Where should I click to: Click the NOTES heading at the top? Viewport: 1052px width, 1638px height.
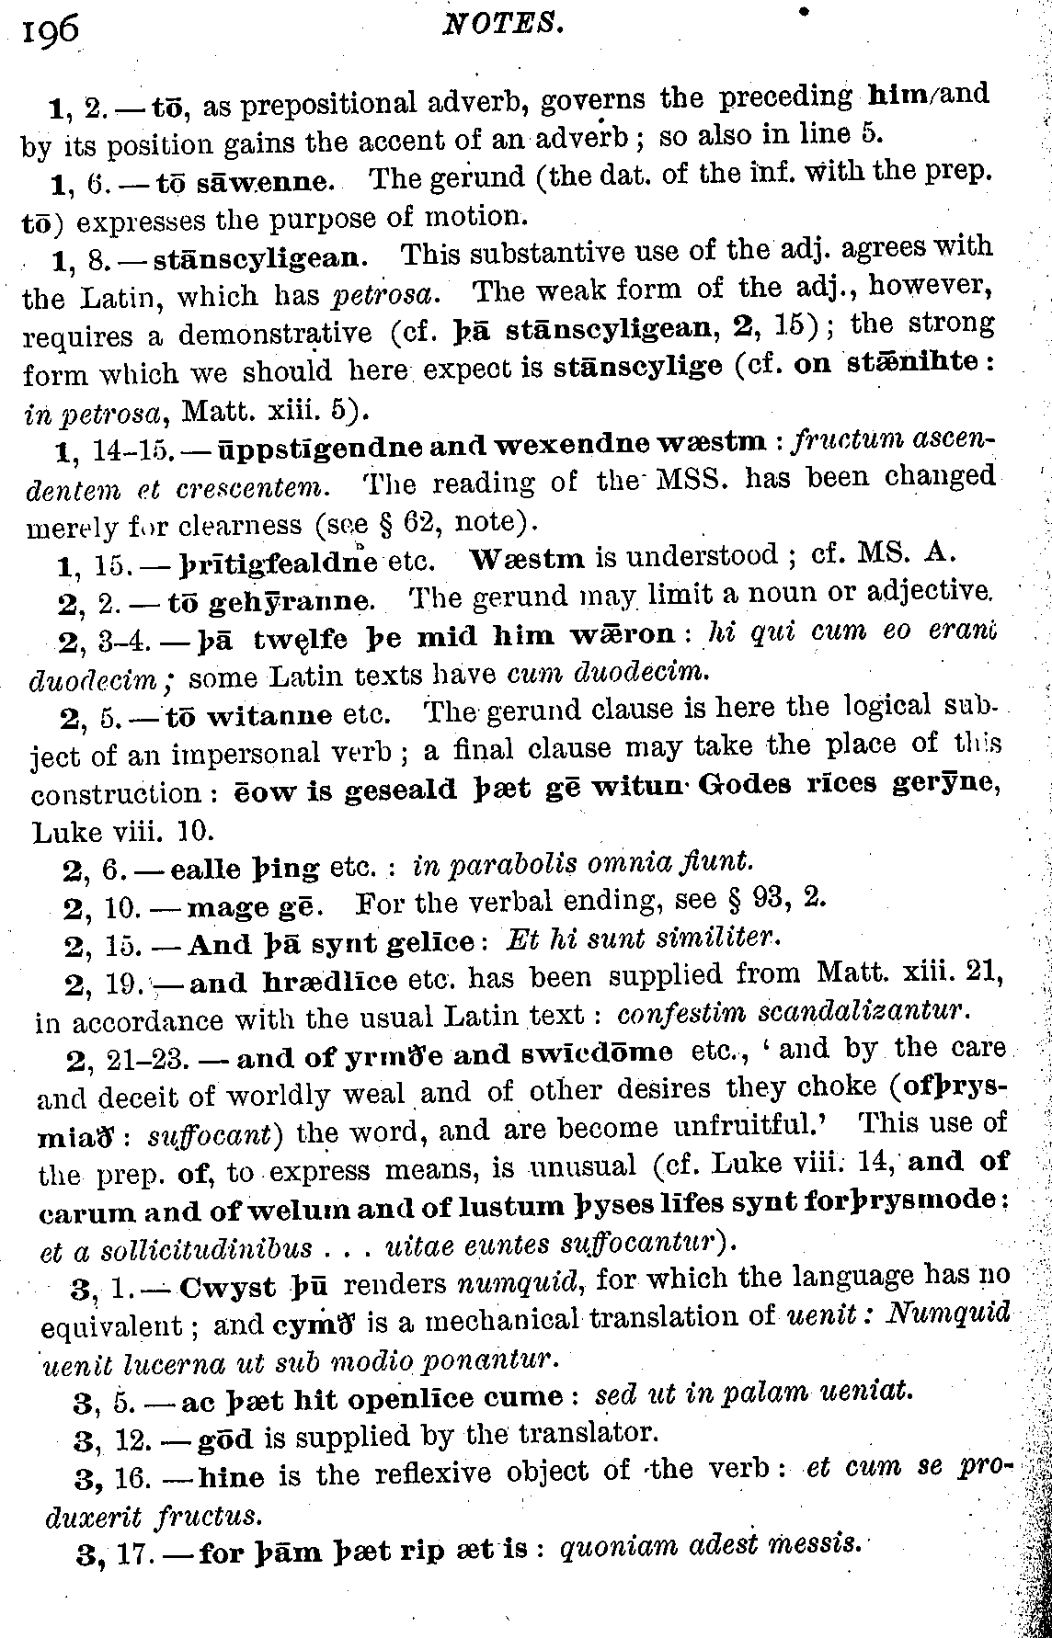pos(502,25)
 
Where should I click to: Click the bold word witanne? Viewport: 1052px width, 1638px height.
pos(269,715)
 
